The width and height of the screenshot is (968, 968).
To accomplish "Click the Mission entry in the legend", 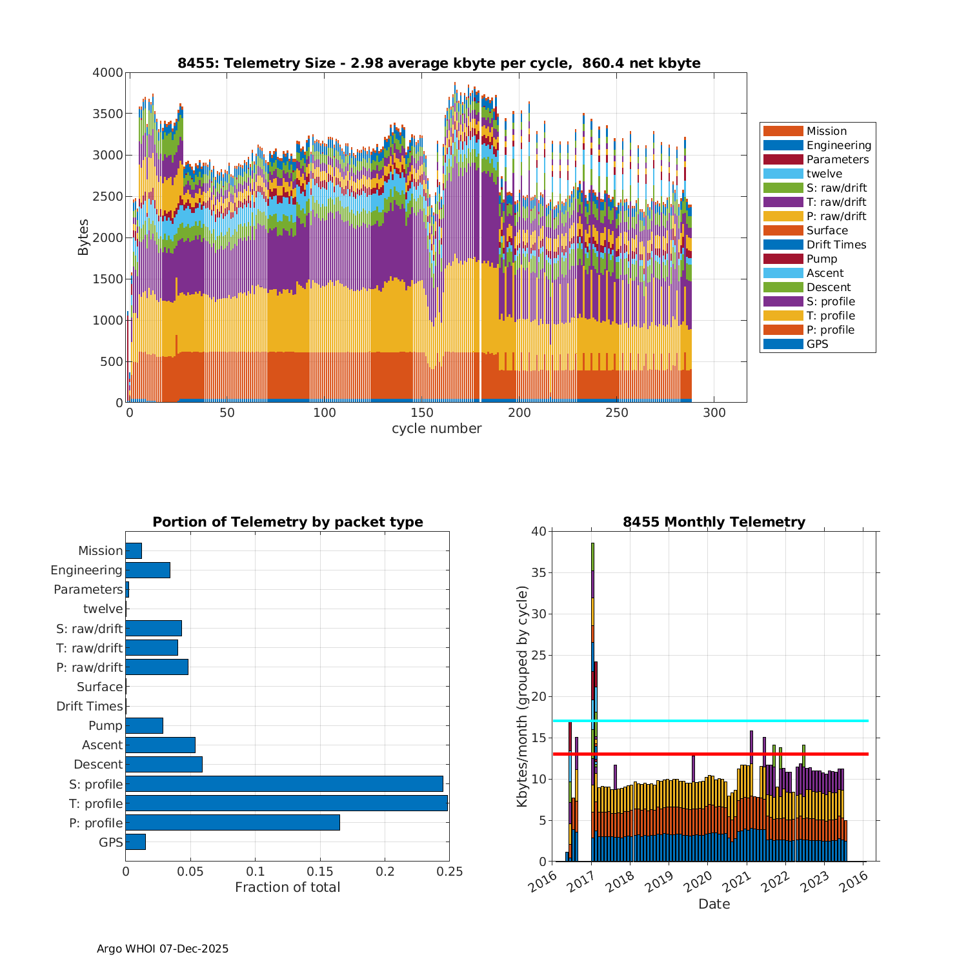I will tap(826, 131).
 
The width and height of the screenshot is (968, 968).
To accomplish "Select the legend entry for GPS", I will tap(817, 344).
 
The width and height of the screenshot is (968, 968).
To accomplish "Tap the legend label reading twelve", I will tap(824, 174).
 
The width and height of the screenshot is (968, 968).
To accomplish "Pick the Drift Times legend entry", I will tap(836, 245).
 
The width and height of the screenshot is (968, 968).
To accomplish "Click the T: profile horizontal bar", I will tap(287, 803).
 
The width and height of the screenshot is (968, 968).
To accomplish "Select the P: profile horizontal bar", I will tap(232, 823).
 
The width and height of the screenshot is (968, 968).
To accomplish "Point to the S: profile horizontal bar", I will tap(284, 784).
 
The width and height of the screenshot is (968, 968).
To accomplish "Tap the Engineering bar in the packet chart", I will tap(148, 570).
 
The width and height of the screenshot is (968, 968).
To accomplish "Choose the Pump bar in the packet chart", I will tap(144, 725).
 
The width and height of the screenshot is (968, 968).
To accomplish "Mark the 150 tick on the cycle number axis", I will tap(422, 413).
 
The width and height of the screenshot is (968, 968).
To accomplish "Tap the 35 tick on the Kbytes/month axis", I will tap(538, 573).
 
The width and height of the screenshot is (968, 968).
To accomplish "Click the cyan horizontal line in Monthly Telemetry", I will tap(710, 721).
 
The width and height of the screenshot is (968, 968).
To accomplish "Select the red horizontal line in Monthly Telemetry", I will tap(710, 754).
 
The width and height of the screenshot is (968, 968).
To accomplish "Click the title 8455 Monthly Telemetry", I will tap(714, 522).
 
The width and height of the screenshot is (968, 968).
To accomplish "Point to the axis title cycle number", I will tap(436, 429).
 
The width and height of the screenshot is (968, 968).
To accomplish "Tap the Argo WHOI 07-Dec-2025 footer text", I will tap(163, 949).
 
